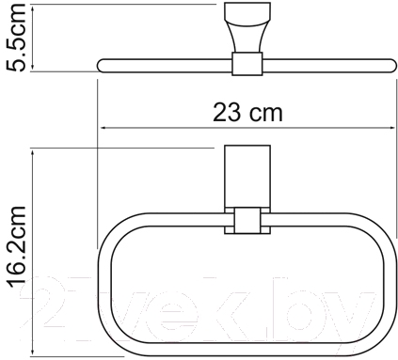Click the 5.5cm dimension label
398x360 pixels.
tap(15, 37)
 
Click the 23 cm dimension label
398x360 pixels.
tap(247, 113)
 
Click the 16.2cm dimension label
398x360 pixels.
tap(16, 247)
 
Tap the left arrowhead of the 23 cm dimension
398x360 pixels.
tap(103, 128)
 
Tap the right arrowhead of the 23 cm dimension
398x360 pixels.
tap(391, 128)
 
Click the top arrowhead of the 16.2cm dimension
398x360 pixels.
tap(33, 152)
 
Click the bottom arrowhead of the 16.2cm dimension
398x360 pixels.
tap(33, 352)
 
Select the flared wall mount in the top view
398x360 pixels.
tap(247, 27)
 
